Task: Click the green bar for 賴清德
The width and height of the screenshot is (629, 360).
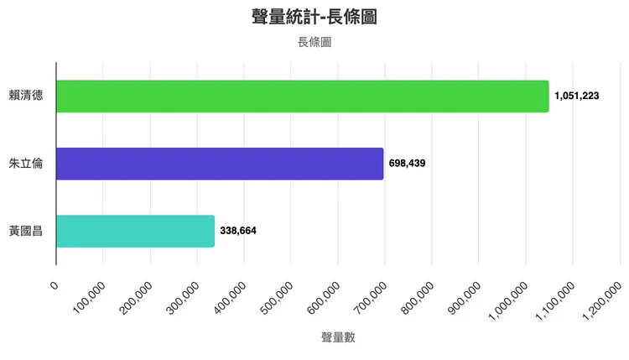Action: (x=302, y=97)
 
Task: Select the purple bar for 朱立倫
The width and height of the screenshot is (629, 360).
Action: (x=220, y=164)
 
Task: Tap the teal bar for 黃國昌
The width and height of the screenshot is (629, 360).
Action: (x=135, y=231)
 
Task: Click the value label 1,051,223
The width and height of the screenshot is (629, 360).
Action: (x=576, y=97)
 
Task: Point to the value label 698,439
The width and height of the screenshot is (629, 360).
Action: (x=408, y=164)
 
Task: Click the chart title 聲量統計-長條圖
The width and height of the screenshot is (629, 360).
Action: (x=314, y=17)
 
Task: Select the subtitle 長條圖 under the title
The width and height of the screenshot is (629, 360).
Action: (x=314, y=42)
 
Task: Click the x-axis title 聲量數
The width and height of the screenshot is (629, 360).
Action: (x=338, y=337)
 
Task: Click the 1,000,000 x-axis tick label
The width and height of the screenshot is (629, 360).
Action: (x=506, y=301)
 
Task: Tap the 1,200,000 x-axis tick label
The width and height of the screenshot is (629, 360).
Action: (x=600, y=301)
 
